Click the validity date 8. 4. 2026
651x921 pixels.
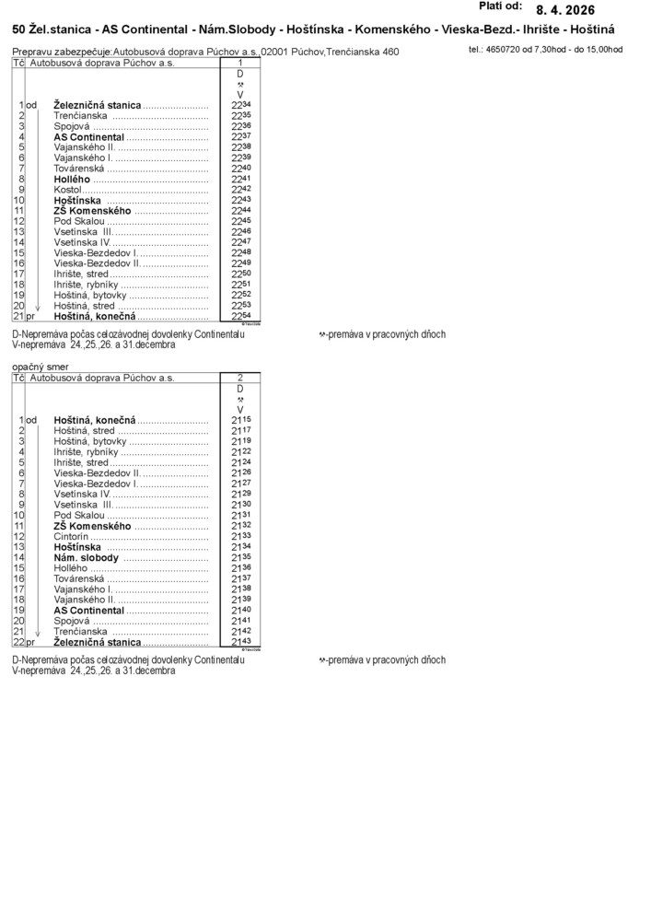565,9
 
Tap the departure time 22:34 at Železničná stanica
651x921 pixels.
241,106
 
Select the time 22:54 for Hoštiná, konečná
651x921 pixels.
241,316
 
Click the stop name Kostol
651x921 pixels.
68,190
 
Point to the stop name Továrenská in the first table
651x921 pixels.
80,169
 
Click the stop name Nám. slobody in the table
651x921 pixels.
87,558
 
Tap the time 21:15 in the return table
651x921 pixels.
241,420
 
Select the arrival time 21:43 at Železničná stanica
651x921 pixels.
241,642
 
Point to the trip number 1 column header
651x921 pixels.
239,63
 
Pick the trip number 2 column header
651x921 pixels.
239,378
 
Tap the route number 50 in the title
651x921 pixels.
18,30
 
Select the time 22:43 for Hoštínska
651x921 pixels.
241,200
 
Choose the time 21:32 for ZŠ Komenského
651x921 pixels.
241,525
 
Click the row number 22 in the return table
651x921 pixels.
18,642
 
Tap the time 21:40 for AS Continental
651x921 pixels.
241,610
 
